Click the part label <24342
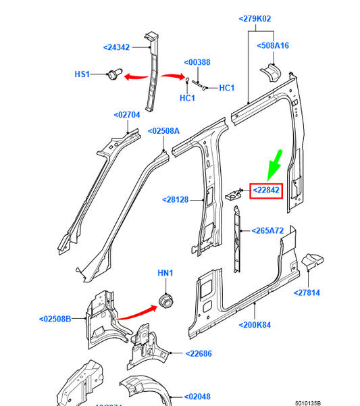(117, 47)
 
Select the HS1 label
(82, 74)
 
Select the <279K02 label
(255, 19)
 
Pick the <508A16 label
(273, 46)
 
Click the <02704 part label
(126, 115)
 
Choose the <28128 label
(175, 200)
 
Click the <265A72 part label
(267, 231)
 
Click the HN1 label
(165, 273)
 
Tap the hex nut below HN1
(164, 300)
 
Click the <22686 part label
(198, 353)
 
